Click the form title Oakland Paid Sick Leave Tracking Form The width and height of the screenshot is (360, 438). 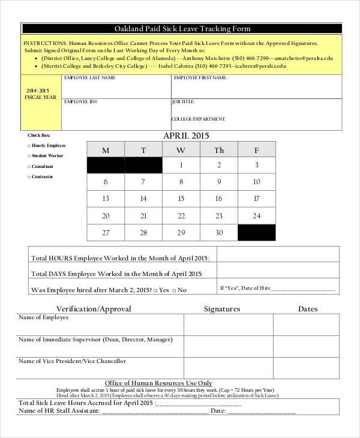tap(182, 29)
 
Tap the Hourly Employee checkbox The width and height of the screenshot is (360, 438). tap(29, 146)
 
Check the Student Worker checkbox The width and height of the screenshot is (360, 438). tap(29, 156)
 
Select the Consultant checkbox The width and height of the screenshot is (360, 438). tap(29, 166)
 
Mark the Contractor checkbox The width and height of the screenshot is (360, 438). tap(29, 177)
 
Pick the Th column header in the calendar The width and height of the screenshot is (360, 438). tap(219, 151)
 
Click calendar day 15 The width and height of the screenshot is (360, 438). tap(181, 199)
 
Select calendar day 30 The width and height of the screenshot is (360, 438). tap(219, 233)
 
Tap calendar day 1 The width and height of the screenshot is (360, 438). tap(181, 165)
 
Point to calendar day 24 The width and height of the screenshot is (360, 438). tap(257, 216)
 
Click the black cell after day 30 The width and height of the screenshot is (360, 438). tap(257, 233)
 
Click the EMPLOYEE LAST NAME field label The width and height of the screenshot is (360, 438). tap(90, 79)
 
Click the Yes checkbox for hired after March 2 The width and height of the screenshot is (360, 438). tap(155, 290)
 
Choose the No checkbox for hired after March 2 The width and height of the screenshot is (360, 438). tap(175, 290)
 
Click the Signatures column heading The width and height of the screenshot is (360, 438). tap(221, 309)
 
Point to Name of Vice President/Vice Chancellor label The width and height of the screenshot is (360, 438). tap(73, 361)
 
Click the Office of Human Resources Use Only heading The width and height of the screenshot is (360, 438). tap(158, 383)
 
